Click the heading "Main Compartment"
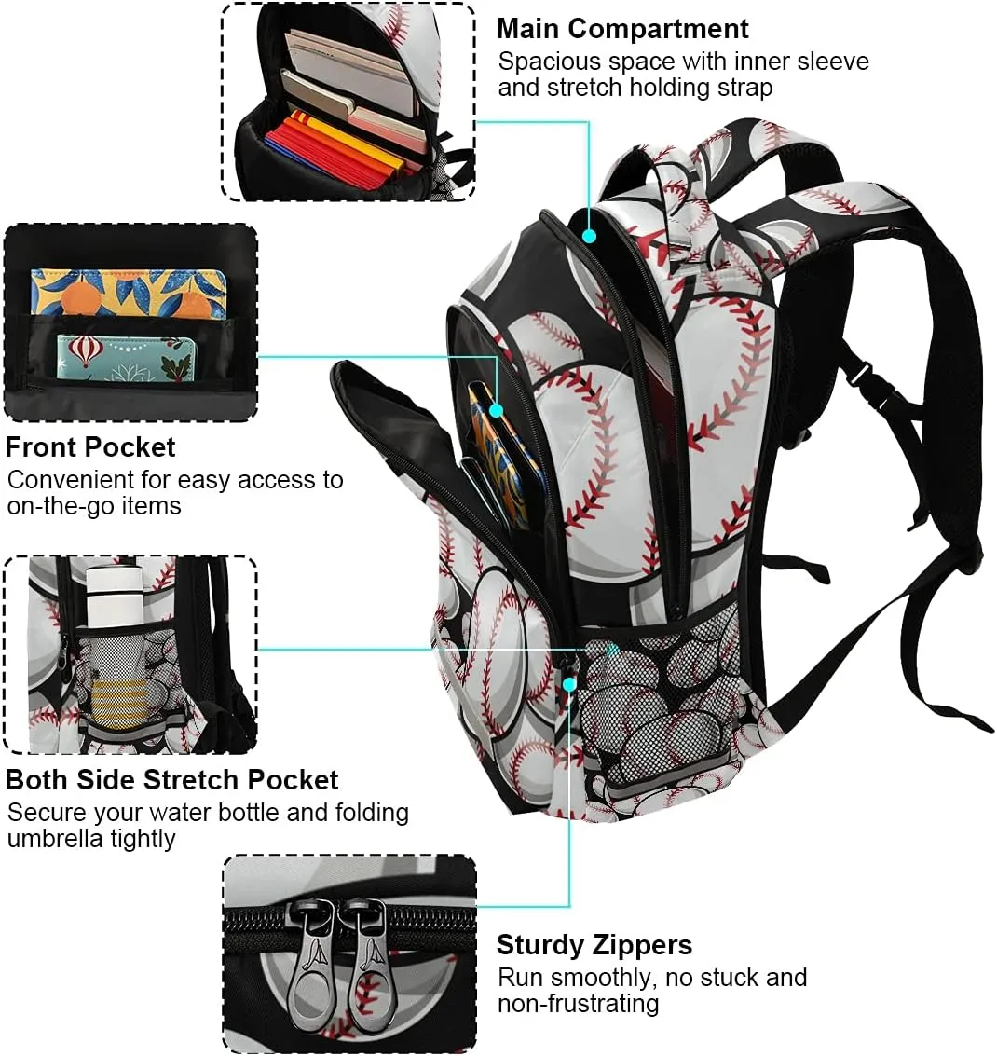click(x=622, y=29)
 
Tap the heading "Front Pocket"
click(x=90, y=447)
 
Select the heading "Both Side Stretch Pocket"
click(x=171, y=780)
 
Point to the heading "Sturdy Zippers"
click(x=594, y=945)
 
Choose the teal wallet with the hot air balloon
click(x=126, y=357)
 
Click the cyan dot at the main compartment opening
click(x=589, y=236)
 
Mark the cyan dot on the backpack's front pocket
click(x=497, y=409)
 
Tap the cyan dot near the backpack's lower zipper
click(x=569, y=684)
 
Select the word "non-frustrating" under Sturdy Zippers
click(x=579, y=1004)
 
